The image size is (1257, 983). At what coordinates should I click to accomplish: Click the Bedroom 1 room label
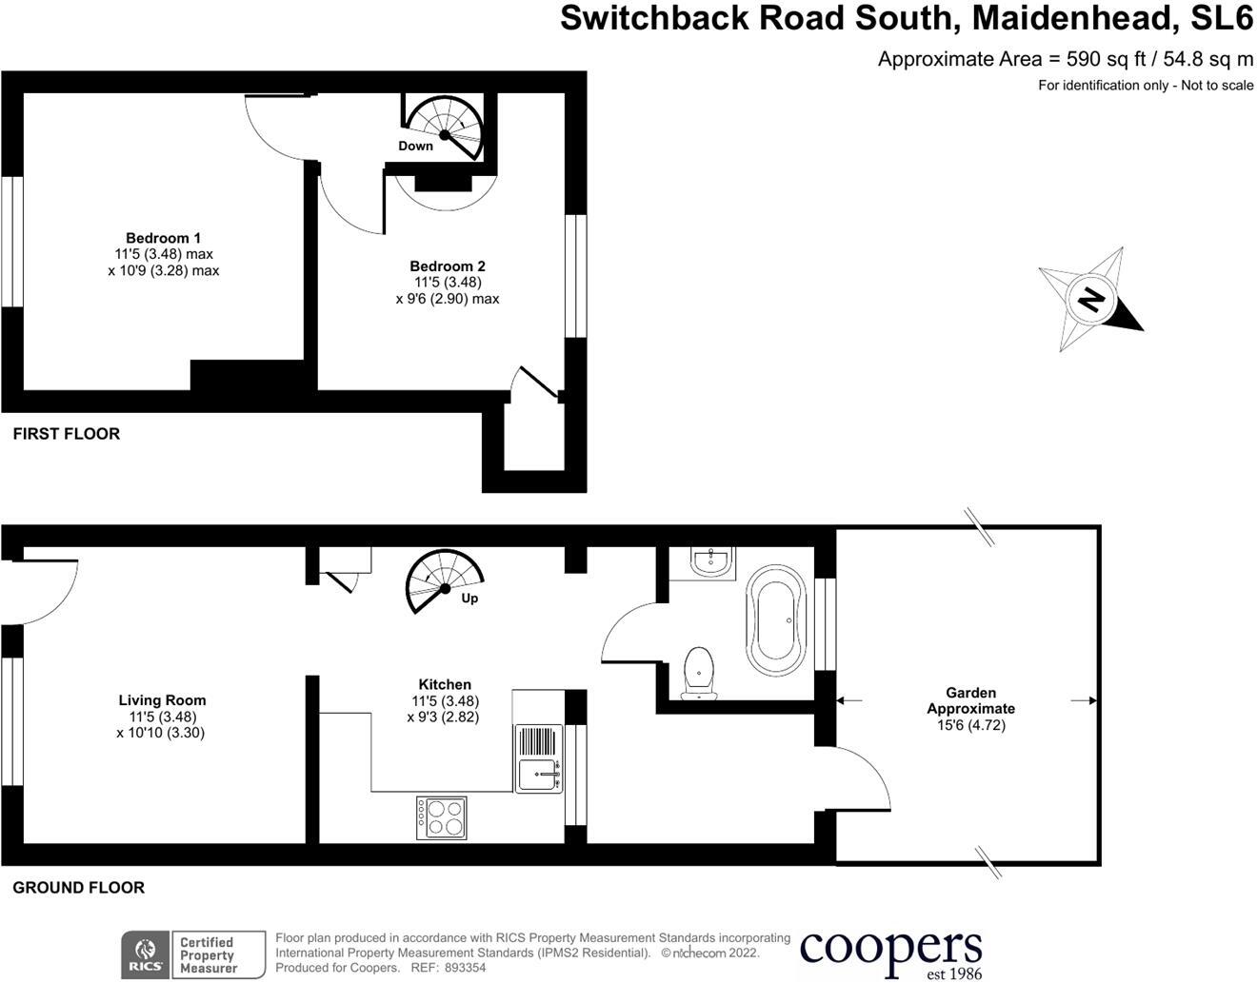click(x=164, y=238)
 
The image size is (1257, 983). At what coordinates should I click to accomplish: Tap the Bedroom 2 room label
click(x=448, y=266)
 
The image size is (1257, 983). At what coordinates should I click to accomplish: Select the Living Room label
click(x=162, y=700)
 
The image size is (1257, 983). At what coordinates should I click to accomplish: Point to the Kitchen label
click(x=445, y=684)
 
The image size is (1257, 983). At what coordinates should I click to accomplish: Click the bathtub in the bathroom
click(x=776, y=620)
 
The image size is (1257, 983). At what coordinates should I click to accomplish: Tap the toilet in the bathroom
click(x=699, y=671)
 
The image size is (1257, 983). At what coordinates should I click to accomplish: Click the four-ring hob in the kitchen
click(x=442, y=817)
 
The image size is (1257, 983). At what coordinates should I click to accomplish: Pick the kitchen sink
click(x=540, y=775)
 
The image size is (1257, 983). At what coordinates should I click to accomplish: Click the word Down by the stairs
click(x=415, y=146)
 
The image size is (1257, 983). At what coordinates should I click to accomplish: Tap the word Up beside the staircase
click(x=469, y=599)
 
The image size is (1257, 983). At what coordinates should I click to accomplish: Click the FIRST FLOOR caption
click(x=67, y=434)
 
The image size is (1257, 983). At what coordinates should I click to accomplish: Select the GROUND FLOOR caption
click(x=78, y=888)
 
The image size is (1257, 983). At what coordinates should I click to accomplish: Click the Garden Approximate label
click(x=971, y=700)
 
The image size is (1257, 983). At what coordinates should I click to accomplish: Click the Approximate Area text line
click(x=1065, y=59)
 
